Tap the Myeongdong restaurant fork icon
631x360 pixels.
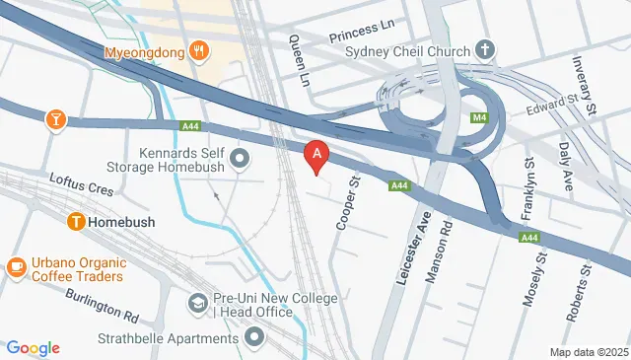[200, 49]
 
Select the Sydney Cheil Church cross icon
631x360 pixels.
[484, 48]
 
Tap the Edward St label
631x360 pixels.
[554, 103]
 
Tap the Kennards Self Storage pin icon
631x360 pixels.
[239, 159]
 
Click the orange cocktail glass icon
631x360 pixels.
[56, 119]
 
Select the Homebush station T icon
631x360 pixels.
[75, 222]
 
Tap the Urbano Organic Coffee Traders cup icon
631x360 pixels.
[16, 267]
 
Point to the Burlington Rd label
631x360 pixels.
[103, 305]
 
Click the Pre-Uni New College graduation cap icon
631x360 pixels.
[198, 304]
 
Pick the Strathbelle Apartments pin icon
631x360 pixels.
[255, 338]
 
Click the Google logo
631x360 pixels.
[33, 348]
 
